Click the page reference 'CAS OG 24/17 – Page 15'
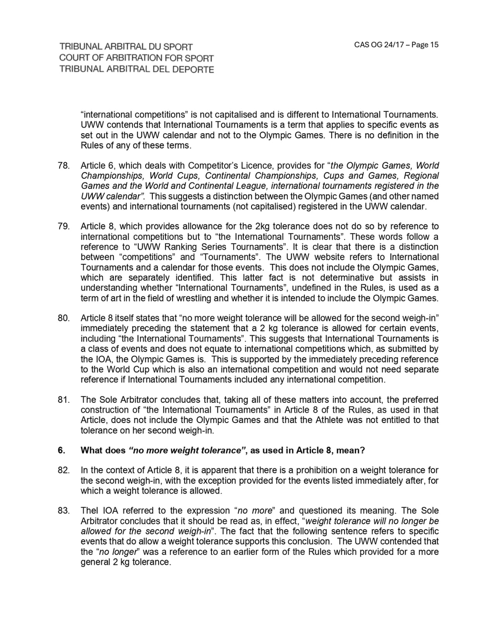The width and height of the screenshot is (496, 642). [396, 45]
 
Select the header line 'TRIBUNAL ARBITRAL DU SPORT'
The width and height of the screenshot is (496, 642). [126, 47]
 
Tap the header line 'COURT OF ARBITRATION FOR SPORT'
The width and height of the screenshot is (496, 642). [136, 58]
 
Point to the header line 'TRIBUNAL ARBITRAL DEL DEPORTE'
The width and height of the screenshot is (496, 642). [136, 69]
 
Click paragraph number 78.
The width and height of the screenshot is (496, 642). [64, 166]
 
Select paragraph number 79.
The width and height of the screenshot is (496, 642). [64, 227]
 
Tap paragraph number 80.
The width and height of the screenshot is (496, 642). [64, 318]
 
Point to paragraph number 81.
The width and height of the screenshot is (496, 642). [64, 400]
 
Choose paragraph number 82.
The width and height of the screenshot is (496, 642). [64, 470]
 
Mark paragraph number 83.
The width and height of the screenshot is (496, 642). [64, 511]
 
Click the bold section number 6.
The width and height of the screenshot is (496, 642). [61, 451]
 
